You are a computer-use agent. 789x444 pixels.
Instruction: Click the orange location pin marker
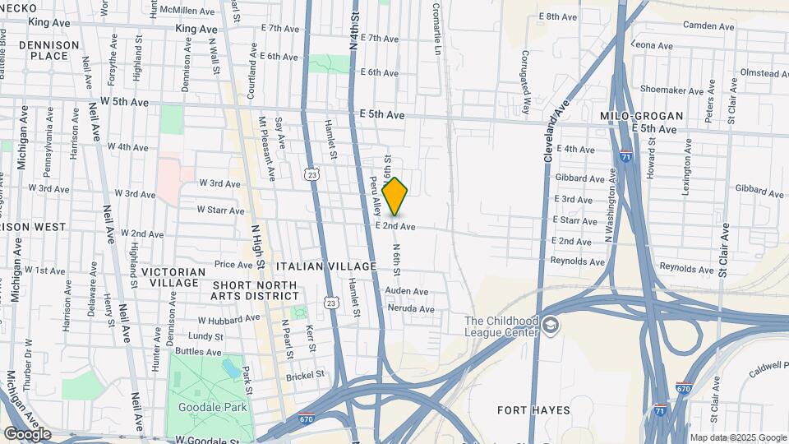(x=394, y=197)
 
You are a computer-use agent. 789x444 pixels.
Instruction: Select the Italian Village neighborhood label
(x=326, y=266)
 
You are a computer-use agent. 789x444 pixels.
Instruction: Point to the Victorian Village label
(x=173, y=277)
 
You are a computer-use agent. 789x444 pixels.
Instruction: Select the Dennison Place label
(x=49, y=50)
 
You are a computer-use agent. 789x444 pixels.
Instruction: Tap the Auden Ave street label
(x=407, y=291)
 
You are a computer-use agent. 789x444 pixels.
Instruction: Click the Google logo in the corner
(x=27, y=434)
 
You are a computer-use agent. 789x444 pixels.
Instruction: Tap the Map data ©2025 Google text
(x=738, y=437)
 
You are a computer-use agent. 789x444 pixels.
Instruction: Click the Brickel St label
(x=306, y=377)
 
